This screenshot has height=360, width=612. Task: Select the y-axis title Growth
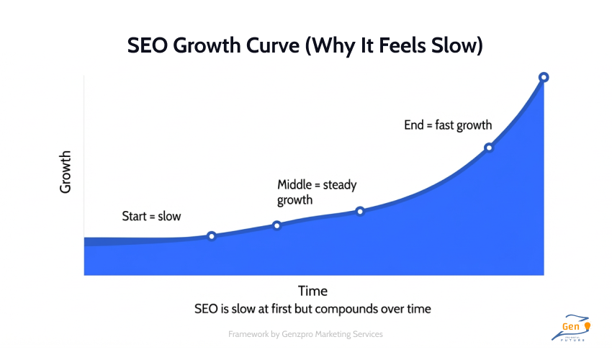(x=66, y=171)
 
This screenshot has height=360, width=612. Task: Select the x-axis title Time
(x=312, y=291)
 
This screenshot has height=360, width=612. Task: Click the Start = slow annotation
(x=151, y=216)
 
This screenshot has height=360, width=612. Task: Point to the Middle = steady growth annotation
(x=317, y=192)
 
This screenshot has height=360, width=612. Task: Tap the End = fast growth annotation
(x=448, y=125)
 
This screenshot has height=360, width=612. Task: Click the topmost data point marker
(x=544, y=77)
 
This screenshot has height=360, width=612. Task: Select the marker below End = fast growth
(x=488, y=148)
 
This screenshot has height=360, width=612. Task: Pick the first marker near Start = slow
(x=211, y=236)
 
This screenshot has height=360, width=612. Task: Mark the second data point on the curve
(x=276, y=225)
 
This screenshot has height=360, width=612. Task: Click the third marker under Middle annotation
(x=360, y=211)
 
